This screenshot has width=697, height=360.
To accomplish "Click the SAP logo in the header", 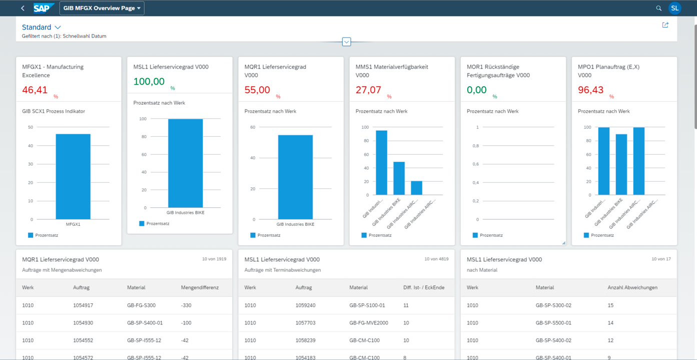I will (x=44, y=8).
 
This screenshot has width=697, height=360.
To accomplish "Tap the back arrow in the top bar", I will (x=23, y=8).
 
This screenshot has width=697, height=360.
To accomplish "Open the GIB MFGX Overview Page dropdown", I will (x=102, y=8).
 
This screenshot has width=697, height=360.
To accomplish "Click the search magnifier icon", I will (x=658, y=8).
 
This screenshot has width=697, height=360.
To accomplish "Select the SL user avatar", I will (x=674, y=8).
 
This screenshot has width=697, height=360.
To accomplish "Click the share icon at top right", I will (x=665, y=25).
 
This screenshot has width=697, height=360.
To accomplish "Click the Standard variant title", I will (x=37, y=27).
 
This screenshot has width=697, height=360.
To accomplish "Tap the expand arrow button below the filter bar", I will (x=346, y=42).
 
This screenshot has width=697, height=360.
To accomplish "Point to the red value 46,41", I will (x=35, y=90).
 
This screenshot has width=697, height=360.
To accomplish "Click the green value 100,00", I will (x=149, y=82).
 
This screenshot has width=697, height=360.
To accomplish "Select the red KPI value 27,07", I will (x=368, y=90).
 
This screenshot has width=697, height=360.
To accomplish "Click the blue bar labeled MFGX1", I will (x=73, y=176).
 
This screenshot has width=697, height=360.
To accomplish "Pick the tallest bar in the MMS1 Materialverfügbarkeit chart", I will (x=381, y=162).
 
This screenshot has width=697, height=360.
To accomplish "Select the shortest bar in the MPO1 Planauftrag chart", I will (x=621, y=164).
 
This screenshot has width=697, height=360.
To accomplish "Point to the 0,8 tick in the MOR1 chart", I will (x=476, y=146).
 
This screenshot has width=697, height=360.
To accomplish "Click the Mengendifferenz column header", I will (x=200, y=287).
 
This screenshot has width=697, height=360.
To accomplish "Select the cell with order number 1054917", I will (x=83, y=305).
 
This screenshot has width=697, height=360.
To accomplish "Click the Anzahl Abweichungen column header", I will (x=632, y=287).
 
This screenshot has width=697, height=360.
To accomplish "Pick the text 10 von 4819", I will (x=436, y=259).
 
